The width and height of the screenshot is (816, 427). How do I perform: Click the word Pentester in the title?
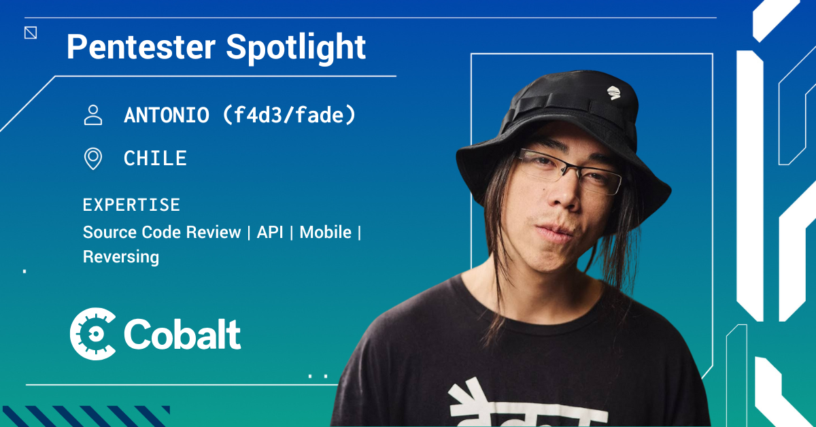coord(141,47)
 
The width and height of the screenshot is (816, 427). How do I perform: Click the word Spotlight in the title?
coord(296,48)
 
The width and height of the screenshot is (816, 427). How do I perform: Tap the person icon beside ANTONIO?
coord(93,115)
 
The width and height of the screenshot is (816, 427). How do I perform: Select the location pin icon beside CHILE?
coord(93,158)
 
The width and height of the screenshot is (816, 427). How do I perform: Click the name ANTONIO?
coord(167,115)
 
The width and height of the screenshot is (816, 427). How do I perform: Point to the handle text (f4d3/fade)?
coord(289,115)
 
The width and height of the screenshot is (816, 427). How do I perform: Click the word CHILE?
coord(155,158)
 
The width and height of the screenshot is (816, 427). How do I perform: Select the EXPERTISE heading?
coord(131,205)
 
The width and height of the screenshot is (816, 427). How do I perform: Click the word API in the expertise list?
coord(270,232)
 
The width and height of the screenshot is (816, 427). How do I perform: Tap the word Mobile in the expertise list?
coord(325,232)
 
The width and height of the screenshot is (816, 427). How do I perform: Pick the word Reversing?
coord(121,257)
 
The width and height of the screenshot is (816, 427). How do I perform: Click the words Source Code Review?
coord(162,232)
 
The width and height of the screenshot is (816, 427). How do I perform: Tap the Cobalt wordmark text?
coord(182,334)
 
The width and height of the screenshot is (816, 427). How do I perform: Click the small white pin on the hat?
coord(614,92)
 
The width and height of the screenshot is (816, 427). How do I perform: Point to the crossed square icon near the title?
coord(31,33)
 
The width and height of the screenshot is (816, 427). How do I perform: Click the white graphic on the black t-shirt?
coord(524,405)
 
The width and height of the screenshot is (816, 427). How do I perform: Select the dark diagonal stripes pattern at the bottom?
coord(86,416)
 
